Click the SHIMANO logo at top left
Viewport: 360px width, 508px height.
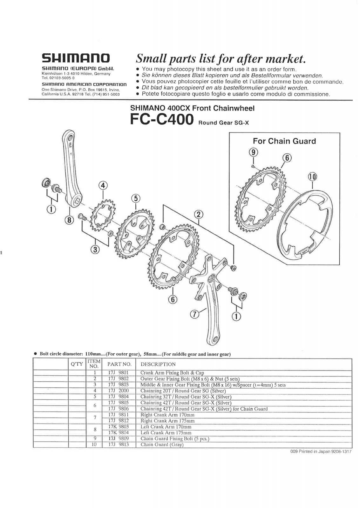click(x=76, y=58)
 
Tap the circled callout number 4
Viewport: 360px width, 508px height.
click(x=103, y=185)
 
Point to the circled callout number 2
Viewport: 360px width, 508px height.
click(x=199, y=214)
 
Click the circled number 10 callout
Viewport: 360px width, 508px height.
click(x=312, y=177)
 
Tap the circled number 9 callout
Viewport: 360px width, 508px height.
click(x=253, y=152)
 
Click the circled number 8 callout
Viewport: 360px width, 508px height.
click(x=70, y=219)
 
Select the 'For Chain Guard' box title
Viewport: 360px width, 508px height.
click(x=284, y=141)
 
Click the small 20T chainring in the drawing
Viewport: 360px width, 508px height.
click(x=102, y=212)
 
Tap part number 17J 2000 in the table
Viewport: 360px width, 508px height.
click(x=118, y=391)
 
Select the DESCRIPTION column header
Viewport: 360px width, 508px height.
click(x=158, y=364)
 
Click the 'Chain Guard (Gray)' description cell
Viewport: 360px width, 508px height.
click(x=162, y=444)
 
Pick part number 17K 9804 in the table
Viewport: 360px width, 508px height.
click(x=118, y=433)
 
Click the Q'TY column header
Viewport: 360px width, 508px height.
click(x=77, y=364)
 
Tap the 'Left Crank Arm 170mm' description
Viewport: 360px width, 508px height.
click(x=166, y=427)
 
